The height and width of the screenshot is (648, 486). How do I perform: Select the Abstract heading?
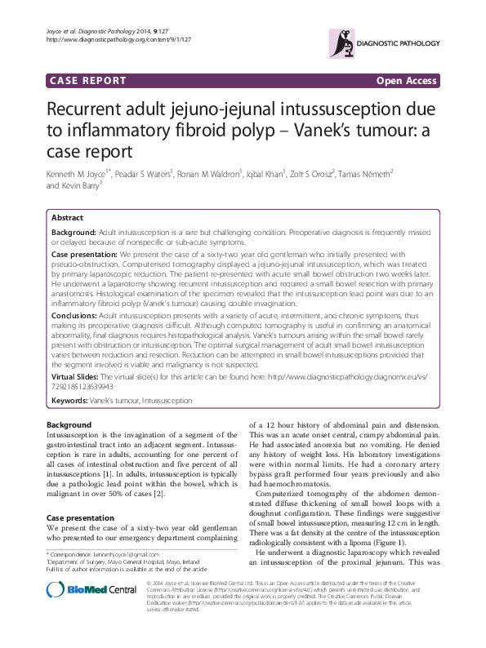[x=67, y=218]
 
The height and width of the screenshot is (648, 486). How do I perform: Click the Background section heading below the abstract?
[x=69, y=426]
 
